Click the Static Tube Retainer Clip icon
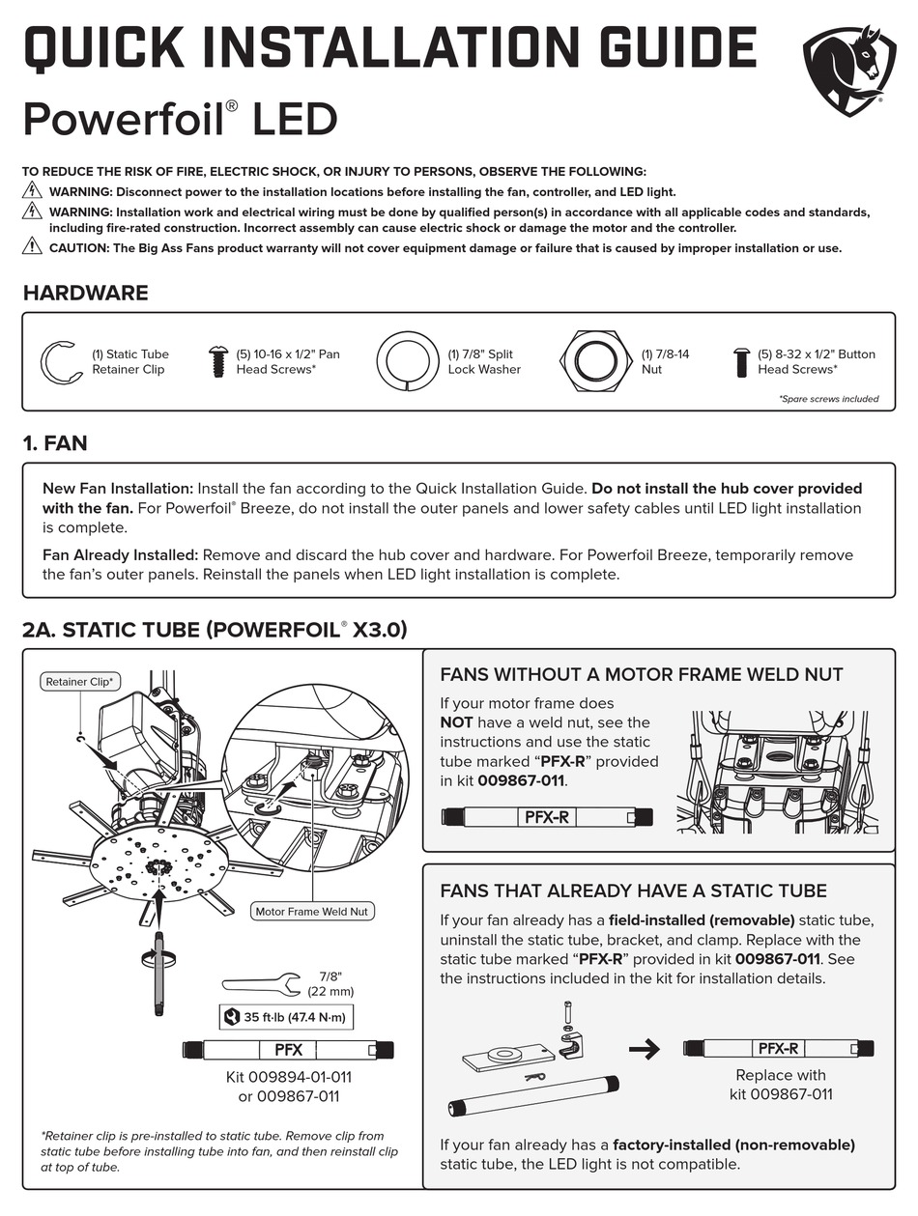[x=61, y=362]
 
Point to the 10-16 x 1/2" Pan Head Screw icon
[x=216, y=361]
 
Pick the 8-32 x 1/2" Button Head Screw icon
[x=741, y=361]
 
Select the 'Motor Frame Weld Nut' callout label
[x=311, y=911]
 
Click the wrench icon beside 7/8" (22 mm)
[x=260, y=984]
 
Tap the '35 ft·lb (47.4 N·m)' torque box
[x=286, y=1017]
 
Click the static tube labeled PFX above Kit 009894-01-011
[x=288, y=1050]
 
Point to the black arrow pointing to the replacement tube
[x=644, y=1049]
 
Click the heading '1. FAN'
[x=55, y=443]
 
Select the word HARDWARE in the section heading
[x=85, y=293]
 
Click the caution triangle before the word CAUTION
[x=32, y=247]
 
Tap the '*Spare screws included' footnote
[x=828, y=399]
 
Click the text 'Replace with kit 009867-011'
[x=780, y=1085]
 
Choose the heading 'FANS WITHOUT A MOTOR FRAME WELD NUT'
[x=641, y=674]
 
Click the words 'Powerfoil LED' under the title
[x=180, y=121]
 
